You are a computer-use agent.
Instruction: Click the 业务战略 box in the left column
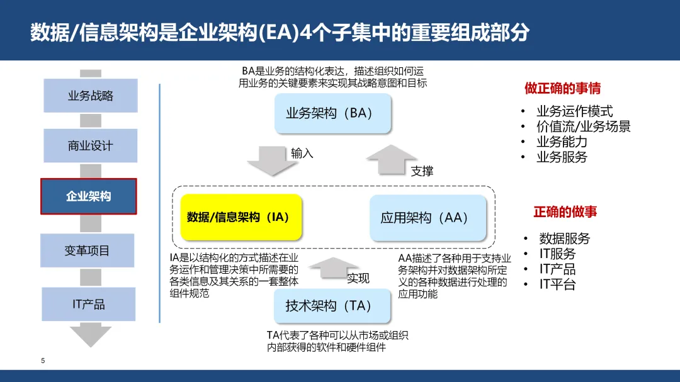pyautogui.click(x=90, y=96)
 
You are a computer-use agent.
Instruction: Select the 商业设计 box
pyautogui.click(x=90, y=146)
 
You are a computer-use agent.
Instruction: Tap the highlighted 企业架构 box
pyautogui.click(x=89, y=196)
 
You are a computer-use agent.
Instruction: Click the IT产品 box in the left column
pyautogui.click(x=88, y=305)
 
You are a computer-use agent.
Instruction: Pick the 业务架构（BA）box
pyautogui.click(x=333, y=113)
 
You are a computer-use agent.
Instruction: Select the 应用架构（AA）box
pyautogui.click(x=428, y=218)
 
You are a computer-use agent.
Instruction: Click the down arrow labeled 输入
pyautogui.click(x=271, y=160)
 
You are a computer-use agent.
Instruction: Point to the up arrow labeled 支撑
pyautogui.click(x=392, y=160)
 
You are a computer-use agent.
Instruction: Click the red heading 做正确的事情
pyautogui.click(x=562, y=88)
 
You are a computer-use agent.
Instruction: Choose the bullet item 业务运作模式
pyautogui.click(x=574, y=111)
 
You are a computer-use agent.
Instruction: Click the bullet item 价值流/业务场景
pyautogui.click(x=583, y=126)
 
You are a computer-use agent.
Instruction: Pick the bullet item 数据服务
pyautogui.click(x=564, y=239)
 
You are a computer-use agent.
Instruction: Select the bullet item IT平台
pyautogui.click(x=557, y=284)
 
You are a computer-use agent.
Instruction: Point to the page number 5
pyautogui.click(x=43, y=361)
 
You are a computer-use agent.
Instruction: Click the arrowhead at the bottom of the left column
pyautogui.click(x=90, y=336)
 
